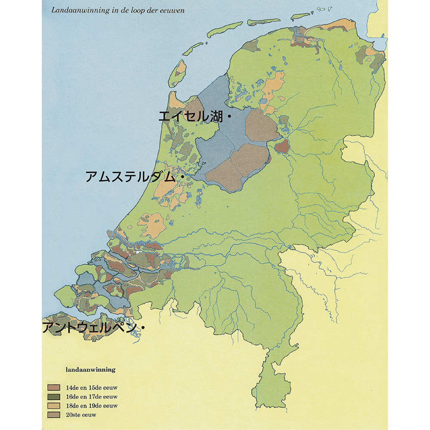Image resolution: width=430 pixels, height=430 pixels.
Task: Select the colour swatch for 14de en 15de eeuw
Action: (54, 387)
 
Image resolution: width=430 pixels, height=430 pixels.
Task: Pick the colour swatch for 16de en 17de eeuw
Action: (54, 396)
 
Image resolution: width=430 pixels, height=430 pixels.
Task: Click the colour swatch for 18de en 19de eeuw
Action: (54, 405)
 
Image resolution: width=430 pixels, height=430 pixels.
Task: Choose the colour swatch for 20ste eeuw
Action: (54, 415)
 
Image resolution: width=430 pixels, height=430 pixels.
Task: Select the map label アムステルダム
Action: (131, 177)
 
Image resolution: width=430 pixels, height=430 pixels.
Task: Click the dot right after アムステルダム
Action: (181, 177)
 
